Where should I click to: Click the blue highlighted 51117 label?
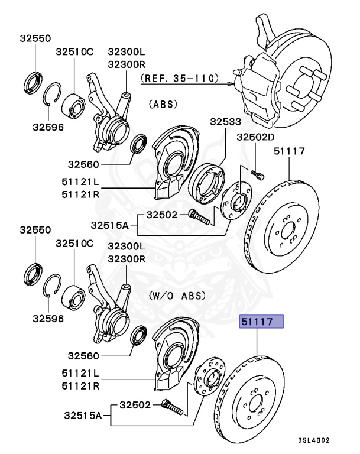click(261, 322)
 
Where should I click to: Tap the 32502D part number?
click(256, 137)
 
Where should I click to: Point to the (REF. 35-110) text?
click(179, 77)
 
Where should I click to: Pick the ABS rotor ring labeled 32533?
click(207, 181)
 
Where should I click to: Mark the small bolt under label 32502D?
click(257, 173)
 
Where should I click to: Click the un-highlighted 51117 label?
click(289, 151)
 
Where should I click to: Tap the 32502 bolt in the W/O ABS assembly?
click(172, 407)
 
